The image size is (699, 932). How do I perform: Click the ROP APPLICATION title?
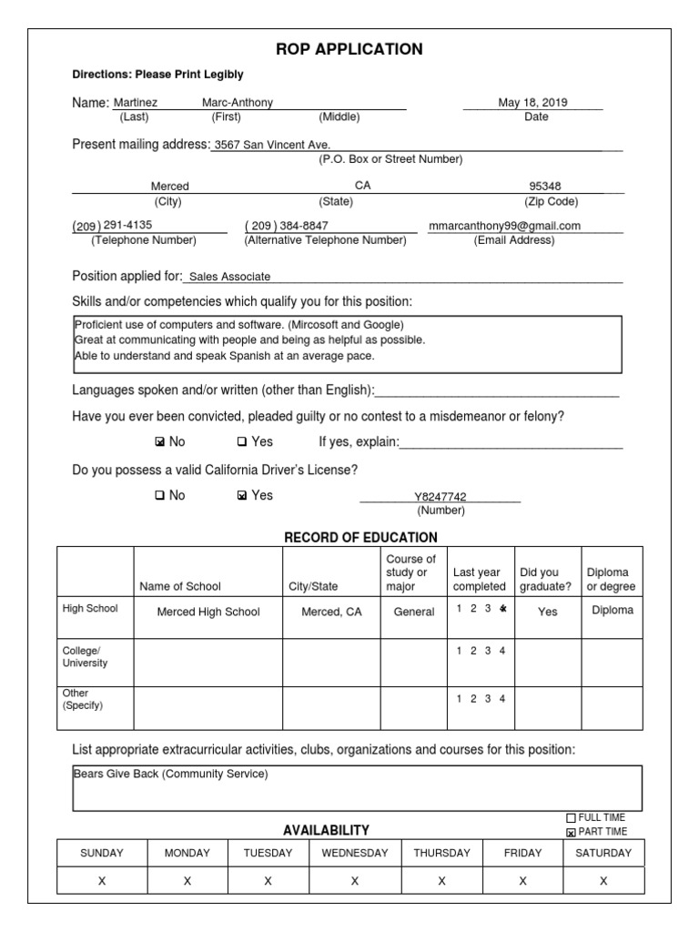tap(349, 49)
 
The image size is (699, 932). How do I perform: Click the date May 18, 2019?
tap(532, 103)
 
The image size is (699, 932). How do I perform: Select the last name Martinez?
tap(136, 104)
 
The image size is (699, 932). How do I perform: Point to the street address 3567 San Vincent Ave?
tap(272, 145)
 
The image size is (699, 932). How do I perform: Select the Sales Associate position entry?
tap(229, 277)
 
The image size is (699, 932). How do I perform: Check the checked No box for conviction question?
tap(160, 442)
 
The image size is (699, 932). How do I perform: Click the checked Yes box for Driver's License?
tap(241, 496)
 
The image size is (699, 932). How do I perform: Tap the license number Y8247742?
tap(440, 497)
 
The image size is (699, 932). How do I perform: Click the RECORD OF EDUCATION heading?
tap(361, 538)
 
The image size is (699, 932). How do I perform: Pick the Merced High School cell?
tap(208, 613)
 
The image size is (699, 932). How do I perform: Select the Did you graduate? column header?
tap(545, 580)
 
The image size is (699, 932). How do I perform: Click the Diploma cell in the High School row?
tap(612, 611)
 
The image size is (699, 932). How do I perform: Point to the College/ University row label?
tap(85, 657)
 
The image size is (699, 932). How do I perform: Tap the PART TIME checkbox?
tap(572, 832)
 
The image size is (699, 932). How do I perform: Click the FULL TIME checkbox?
tap(572, 817)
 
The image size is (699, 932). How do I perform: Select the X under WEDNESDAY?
tap(355, 881)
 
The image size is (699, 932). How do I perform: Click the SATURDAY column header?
tap(603, 853)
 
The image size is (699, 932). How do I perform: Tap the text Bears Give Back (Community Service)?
tap(171, 775)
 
